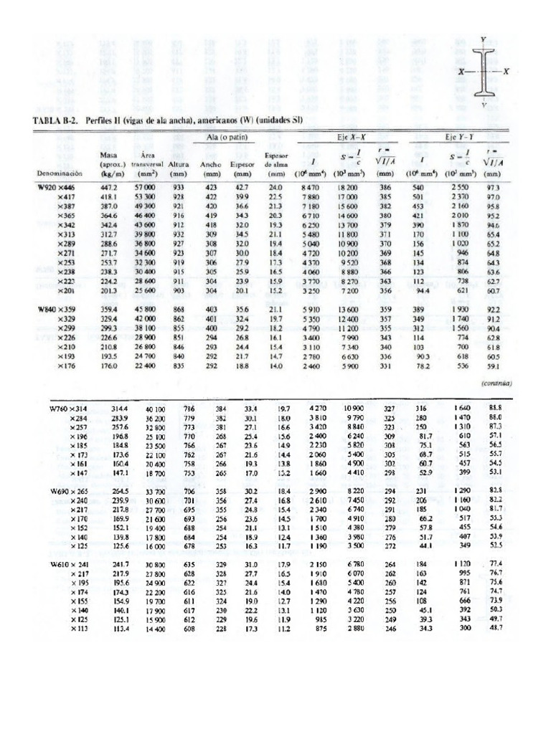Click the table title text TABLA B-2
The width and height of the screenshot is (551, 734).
(x=57, y=120)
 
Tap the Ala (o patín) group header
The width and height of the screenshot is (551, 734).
(x=224, y=137)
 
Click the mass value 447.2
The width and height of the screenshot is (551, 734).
(x=110, y=186)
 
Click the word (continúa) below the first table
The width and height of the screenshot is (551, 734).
(x=494, y=383)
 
